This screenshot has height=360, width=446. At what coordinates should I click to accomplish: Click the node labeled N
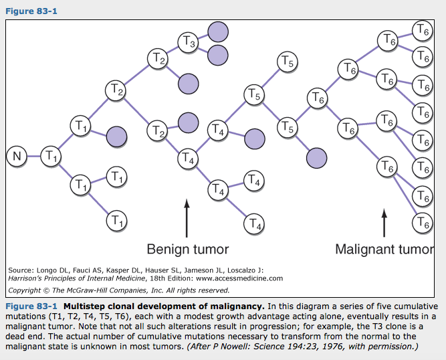[18, 157]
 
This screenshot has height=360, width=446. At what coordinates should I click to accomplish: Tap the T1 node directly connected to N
[51, 157]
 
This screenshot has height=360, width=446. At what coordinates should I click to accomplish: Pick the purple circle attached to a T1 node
[117, 135]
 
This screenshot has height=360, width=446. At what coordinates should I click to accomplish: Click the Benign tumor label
[187, 250]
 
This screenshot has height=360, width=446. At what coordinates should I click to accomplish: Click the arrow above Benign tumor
[187, 217]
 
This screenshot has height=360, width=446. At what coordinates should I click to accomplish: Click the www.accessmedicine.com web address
[239, 278]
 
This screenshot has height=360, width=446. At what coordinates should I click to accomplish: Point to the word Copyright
[26, 290]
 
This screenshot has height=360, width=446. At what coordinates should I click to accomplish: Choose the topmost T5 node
[286, 63]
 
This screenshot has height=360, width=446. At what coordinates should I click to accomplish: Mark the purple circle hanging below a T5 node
[316, 158]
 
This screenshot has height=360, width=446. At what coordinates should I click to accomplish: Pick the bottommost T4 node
[253, 223]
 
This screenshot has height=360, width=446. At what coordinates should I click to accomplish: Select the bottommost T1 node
[117, 219]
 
